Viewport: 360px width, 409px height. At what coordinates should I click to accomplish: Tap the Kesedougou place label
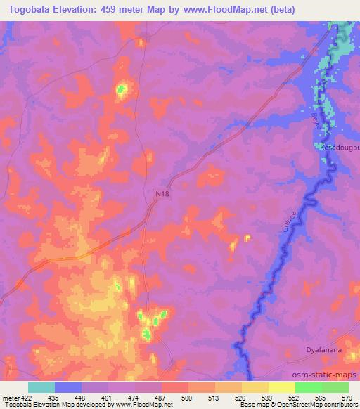pos(340,148)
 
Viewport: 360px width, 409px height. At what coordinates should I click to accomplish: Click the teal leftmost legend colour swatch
pos(41,387)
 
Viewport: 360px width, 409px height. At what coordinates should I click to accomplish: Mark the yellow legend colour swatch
pos(281,387)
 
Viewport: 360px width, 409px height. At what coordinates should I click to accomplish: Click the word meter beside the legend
pos(11,397)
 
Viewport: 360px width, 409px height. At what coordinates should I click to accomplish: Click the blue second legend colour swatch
pos(67,387)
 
